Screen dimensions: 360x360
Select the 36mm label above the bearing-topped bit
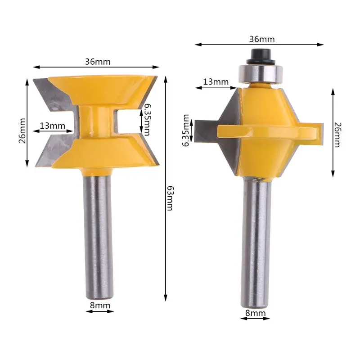[x=261, y=39]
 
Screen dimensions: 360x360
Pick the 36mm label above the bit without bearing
[x=98, y=62]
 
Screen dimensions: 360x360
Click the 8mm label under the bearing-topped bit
[x=255, y=313]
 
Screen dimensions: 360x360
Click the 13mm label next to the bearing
[x=216, y=82]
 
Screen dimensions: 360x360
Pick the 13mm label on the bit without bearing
[x=51, y=126]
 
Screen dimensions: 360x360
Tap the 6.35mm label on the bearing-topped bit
[x=187, y=130]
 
